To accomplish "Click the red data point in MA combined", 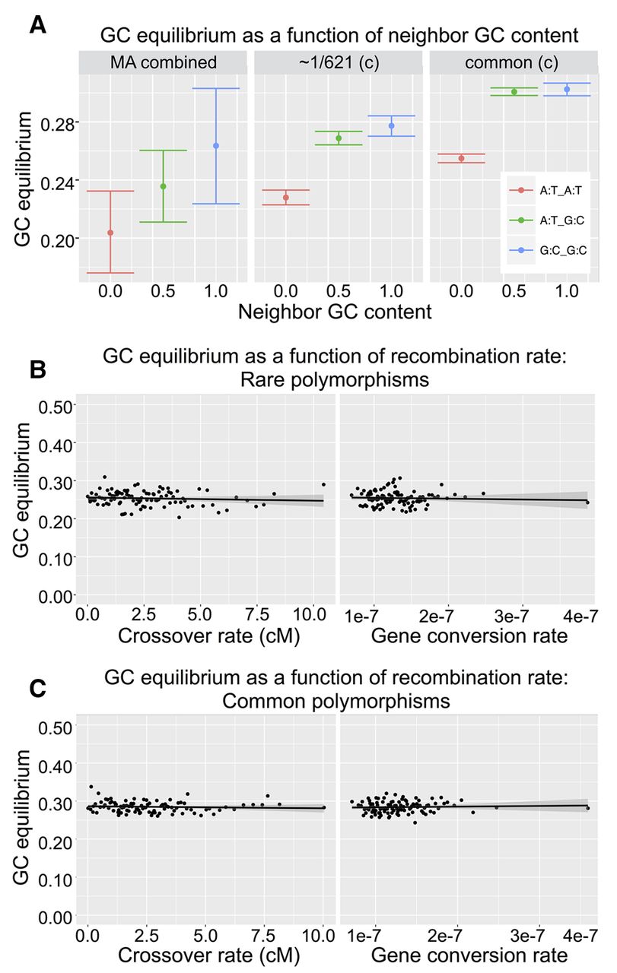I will pyautogui.click(x=110, y=233).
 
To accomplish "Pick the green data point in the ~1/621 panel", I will pyautogui.click(x=339, y=138).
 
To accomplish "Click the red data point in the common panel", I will pyautogui.click(x=461, y=158).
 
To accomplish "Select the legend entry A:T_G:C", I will pyautogui.click(x=553, y=220).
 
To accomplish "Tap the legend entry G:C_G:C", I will pyautogui.click(x=553, y=249).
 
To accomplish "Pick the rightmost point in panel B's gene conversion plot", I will pyautogui.click(x=587, y=502).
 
